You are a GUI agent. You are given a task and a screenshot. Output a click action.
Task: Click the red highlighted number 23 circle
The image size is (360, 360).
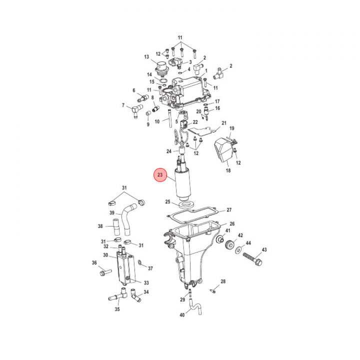[x=160, y=175]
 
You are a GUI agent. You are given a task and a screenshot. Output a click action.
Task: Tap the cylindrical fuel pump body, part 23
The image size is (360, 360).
[x=183, y=183]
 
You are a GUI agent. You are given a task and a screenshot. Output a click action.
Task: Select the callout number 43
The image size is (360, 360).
[x=264, y=249]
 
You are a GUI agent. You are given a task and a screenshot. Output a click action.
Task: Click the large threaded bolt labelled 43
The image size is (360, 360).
[x=252, y=259]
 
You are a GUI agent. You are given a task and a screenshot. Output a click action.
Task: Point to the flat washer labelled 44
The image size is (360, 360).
[x=238, y=250]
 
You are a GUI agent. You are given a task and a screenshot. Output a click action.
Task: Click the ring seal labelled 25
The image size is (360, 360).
[x=185, y=204]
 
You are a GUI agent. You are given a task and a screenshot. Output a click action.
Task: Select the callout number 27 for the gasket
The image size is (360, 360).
[x=229, y=210]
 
